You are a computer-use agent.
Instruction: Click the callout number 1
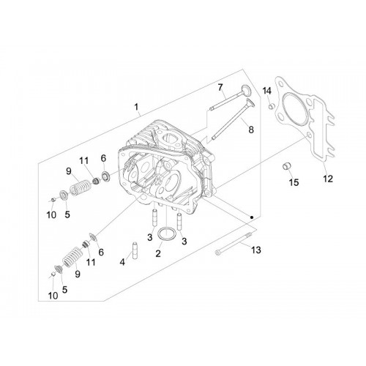(136, 107)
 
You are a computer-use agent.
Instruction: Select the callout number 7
(220, 87)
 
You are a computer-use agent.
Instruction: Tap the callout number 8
(251, 130)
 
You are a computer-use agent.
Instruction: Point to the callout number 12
(328, 179)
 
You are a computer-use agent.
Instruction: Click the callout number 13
(256, 250)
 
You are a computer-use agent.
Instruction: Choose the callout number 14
(267, 91)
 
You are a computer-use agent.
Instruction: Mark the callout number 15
(294, 182)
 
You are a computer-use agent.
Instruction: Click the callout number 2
(158, 254)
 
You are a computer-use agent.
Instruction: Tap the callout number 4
(122, 262)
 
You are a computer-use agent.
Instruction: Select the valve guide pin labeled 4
(135, 251)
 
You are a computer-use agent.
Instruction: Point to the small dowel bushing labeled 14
(272, 107)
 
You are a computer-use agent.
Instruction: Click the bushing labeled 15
(286, 166)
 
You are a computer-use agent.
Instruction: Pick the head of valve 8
(251, 103)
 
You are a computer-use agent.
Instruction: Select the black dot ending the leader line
(252, 217)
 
